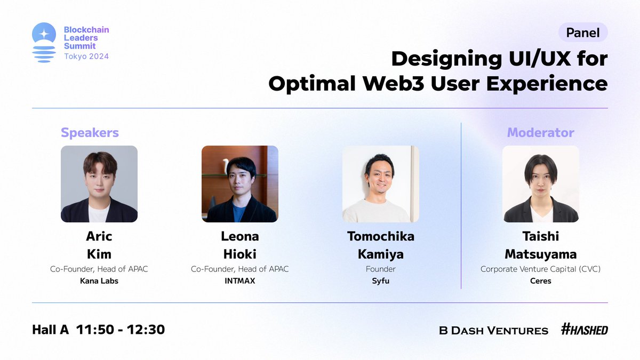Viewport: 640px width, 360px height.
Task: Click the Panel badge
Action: [583, 33]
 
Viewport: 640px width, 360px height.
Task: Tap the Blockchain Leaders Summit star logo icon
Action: [44, 42]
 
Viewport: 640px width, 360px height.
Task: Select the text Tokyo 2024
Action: [86, 57]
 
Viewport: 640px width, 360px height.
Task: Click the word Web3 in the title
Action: [394, 83]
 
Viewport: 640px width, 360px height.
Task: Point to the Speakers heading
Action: [90, 133]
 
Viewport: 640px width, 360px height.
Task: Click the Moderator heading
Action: [541, 133]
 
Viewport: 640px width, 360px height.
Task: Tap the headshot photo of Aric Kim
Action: [99, 184]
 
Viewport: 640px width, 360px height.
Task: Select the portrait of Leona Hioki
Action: [239, 184]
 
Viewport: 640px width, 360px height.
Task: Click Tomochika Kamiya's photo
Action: [381, 184]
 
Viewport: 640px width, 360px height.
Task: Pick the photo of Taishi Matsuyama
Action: [541, 184]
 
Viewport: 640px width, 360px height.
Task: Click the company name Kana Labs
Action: [99, 281]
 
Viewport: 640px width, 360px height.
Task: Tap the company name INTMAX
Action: [239, 281]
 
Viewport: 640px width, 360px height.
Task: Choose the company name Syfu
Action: [381, 281]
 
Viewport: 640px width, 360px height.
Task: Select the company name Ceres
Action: [541, 281]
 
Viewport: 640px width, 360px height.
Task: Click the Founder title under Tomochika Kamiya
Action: [381, 269]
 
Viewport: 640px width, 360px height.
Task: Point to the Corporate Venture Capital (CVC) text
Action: [541, 269]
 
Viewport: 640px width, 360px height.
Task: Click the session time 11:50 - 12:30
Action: [121, 330]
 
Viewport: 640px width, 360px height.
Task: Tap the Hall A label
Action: [50, 330]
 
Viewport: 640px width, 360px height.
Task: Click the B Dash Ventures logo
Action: [493, 331]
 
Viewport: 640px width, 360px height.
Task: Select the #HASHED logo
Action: [585, 329]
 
